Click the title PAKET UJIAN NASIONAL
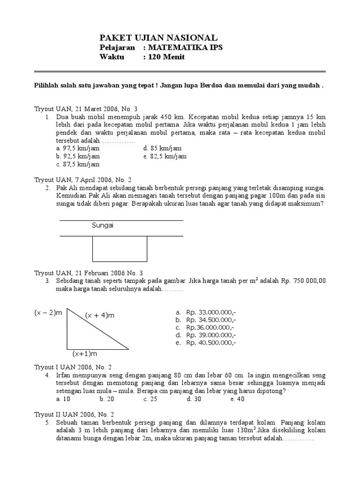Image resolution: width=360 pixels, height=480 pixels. pos(158,37)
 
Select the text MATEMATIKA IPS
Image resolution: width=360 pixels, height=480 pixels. pos(186,48)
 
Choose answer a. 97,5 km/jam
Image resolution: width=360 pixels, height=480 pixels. pos(75,148)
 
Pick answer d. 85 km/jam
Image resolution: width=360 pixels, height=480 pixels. pos(163,148)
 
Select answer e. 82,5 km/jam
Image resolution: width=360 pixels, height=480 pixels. pos(165,156)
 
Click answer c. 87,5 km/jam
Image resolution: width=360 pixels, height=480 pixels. pos(75,165)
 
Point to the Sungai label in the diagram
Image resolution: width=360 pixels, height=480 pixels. pos(103,225)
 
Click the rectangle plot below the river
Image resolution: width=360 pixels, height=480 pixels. pos(120,248)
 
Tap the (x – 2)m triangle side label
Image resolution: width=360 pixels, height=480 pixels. pos(48,313)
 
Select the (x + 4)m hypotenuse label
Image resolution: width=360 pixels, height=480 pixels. pos(100,315)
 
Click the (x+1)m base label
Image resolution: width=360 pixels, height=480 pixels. pos(85,353)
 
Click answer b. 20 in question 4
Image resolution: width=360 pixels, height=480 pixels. pos(107,399)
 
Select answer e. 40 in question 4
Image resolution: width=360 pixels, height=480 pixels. pos(238,399)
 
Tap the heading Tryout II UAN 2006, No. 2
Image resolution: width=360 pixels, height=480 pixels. pos(77,414)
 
